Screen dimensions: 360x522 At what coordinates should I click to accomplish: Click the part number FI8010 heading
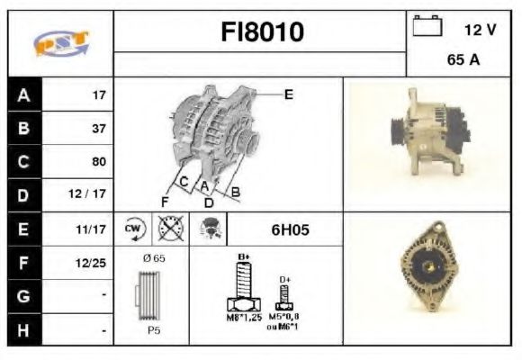(263, 33)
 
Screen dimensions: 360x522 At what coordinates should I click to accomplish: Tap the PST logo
(61, 43)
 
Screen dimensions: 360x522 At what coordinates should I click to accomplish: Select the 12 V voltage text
(480, 30)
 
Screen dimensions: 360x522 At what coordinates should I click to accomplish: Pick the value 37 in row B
(98, 129)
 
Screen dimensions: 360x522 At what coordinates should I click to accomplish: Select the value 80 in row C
(98, 162)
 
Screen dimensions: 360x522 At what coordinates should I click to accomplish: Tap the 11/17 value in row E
(93, 230)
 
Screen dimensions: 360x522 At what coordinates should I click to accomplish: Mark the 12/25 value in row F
(93, 264)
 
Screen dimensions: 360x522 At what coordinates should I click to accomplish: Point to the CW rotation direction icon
(133, 229)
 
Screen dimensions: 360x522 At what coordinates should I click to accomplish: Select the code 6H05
(290, 230)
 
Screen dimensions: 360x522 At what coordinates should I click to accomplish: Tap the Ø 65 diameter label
(154, 258)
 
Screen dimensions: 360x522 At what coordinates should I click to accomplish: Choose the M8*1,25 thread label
(242, 318)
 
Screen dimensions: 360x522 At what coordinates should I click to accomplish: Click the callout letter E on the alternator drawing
(288, 94)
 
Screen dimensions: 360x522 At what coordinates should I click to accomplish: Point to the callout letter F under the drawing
(164, 200)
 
